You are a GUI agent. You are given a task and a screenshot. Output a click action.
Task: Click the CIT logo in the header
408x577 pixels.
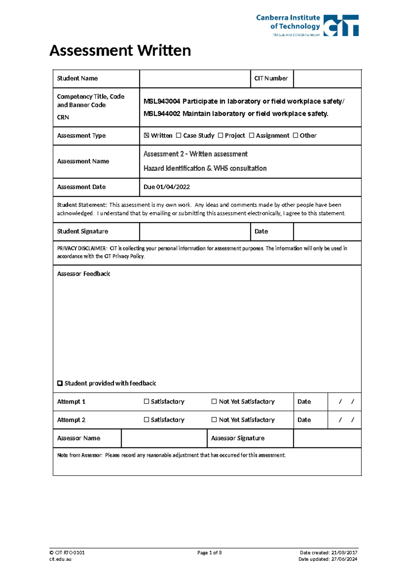[x=341, y=26]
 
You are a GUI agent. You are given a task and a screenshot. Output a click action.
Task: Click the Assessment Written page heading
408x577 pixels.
[x=120, y=51]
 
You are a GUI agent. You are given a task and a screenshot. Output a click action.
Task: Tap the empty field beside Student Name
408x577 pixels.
[x=195, y=79]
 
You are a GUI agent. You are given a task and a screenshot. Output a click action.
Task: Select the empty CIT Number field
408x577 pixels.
[x=327, y=79]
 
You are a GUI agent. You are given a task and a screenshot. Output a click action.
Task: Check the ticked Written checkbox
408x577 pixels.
[x=147, y=135]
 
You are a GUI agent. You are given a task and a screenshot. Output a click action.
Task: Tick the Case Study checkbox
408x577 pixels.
[x=179, y=135]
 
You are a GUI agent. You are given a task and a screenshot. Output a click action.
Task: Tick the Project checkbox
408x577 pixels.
[x=220, y=135]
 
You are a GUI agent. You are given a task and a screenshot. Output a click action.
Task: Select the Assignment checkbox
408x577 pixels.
[x=252, y=135]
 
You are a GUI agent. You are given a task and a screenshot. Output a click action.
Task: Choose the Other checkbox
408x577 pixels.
[x=295, y=135]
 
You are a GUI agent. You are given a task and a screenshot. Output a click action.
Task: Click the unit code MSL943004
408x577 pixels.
[x=161, y=101]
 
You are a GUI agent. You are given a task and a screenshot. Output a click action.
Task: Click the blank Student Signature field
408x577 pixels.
[x=195, y=231]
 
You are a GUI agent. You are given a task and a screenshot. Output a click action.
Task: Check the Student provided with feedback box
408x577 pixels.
[x=60, y=383]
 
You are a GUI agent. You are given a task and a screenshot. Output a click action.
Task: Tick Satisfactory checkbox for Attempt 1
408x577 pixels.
[x=147, y=401]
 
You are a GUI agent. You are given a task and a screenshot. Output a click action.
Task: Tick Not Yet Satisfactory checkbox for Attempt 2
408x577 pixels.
[x=214, y=420]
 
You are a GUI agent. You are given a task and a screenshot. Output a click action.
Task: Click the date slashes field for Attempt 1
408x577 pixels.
[x=345, y=402]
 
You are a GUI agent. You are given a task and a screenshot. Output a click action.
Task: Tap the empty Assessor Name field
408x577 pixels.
[x=164, y=438]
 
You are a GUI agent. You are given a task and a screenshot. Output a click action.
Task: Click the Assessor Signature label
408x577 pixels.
[x=238, y=438]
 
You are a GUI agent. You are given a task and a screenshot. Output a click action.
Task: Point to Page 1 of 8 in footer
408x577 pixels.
[x=209, y=553]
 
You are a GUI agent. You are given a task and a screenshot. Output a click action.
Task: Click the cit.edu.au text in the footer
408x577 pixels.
[x=60, y=559]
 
